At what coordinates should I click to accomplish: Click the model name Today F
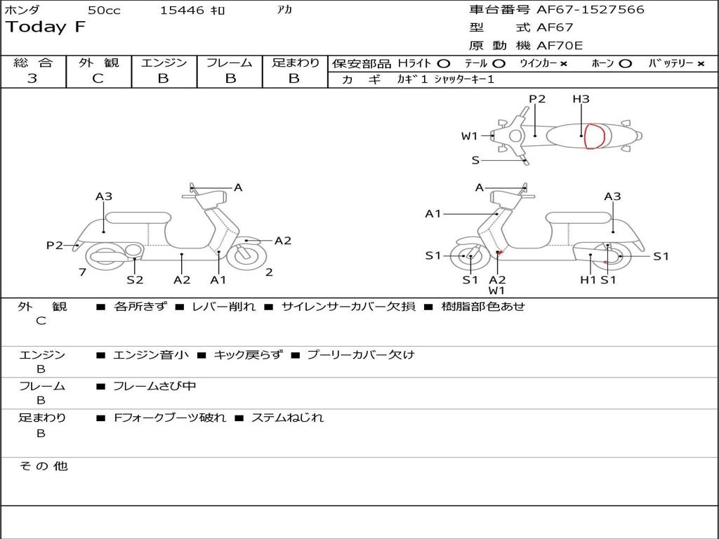click(46, 27)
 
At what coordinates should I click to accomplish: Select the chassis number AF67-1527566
click(590, 10)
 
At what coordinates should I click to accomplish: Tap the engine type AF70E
click(560, 46)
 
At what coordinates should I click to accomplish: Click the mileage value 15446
click(182, 10)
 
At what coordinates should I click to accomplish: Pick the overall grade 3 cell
click(32, 79)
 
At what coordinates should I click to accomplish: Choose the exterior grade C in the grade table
click(98, 79)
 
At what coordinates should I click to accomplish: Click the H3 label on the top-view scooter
click(581, 98)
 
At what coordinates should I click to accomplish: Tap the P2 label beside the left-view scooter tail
click(55, 245)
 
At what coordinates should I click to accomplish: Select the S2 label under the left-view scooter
click(135, 279)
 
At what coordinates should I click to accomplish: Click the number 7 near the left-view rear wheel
click(83, 272)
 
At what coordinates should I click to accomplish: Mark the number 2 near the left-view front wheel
click(269, 272)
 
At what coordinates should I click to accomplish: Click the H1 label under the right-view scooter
click(588, 279)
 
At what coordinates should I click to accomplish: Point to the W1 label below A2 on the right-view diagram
click(496, 291)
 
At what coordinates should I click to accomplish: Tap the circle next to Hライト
click(444, 64)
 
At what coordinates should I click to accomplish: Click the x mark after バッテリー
click(701, 64)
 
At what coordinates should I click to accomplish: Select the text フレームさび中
click(154, 387)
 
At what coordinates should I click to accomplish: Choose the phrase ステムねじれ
click(287, 418)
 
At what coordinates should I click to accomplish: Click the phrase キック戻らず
click(248, 354)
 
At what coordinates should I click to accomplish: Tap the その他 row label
click(44, 466)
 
